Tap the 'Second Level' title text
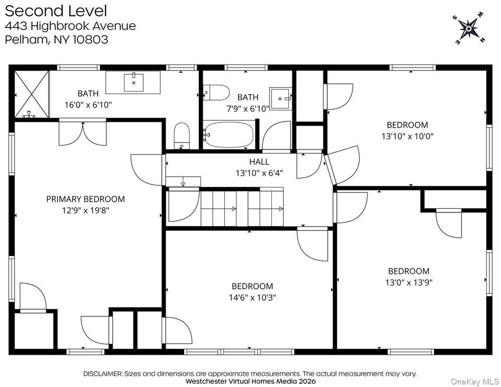(x=56, y=11)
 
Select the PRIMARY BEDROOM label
(x=85, y=199)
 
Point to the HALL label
(x=259, y=162)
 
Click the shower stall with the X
(x=31, y=94)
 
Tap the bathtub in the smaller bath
(x=228, y=135)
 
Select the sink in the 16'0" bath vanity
(x=133, y=82)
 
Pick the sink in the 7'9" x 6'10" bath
(x=280, y=98)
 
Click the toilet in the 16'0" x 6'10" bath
(x=181, y=134)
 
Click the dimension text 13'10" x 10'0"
(x=408, y=136)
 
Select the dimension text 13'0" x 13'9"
(x=409, y=282)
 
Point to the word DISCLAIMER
(x=103, y=374)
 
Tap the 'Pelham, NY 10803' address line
(x=56, y=39)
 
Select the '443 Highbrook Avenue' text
(x=70, y=26)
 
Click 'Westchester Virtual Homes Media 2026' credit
(x=250, y=380)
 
